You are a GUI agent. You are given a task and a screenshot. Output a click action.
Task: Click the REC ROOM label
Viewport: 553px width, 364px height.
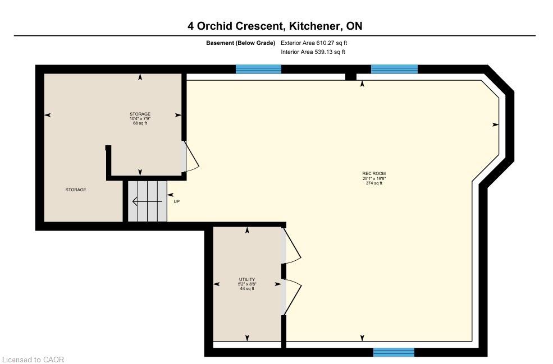coord(374,173)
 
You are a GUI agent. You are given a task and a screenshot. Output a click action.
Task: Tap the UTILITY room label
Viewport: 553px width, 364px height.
coord(247,279)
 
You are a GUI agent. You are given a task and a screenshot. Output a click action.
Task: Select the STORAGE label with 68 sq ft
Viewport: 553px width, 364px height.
coord(140,114)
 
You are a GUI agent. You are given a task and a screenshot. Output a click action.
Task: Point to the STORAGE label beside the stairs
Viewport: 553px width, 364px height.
coord(75,190)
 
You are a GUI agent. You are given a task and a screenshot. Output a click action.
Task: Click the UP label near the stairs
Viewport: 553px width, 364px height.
coord(177,201)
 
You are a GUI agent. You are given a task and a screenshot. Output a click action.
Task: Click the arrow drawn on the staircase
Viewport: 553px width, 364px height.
coord(147,201)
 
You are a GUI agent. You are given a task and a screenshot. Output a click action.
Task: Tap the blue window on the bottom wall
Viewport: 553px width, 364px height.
coord(394,352)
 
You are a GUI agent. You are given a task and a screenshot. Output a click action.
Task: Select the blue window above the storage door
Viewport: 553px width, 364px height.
coord(258,69)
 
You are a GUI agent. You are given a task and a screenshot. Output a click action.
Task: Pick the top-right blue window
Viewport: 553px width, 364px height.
coord(394,69)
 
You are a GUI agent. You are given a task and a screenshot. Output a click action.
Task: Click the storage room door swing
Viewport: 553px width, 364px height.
coord(190,156)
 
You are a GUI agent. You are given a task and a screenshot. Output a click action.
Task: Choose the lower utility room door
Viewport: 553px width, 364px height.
coord(291,297)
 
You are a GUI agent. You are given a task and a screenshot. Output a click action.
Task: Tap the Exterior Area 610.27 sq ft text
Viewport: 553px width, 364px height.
coord(314,43)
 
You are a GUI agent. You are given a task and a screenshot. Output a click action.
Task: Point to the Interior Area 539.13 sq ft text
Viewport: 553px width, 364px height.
coord(313,52)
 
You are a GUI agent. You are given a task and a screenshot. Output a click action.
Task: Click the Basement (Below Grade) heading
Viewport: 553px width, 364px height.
coord(240,43)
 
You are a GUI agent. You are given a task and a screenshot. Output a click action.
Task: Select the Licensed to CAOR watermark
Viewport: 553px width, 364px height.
coord(32,360)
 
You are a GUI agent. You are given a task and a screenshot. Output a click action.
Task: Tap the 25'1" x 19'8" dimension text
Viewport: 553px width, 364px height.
coord(374,178)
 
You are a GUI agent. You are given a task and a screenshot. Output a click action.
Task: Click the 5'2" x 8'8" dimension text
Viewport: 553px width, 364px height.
coord(247,284)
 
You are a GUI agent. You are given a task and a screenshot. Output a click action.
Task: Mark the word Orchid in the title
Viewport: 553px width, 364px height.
coord(217,26)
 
